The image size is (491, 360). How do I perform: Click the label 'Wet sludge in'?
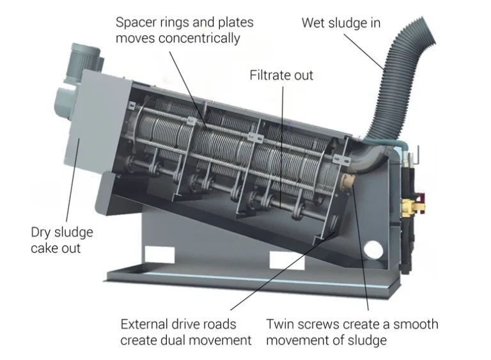[341, 23]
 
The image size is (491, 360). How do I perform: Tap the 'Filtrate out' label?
[281, 75]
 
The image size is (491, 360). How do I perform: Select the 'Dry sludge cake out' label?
[61, 239]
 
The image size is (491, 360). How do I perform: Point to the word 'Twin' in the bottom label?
[279, 324]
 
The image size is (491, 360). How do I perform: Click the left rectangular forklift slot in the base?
[155, 254]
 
